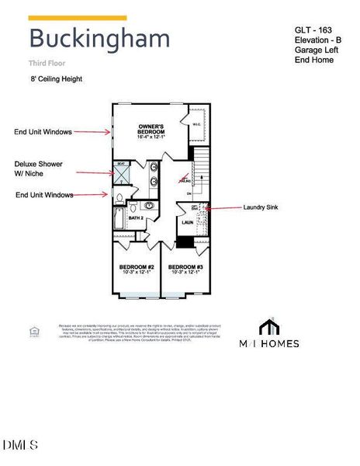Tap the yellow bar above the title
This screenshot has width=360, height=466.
point(77,17)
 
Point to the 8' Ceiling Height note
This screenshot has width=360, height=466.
point(56,78)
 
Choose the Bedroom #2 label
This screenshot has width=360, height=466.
point(136,270)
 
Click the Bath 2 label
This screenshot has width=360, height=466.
point(136,218)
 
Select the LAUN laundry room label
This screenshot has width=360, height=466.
point(187,222)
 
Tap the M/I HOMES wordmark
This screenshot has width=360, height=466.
point(268,343)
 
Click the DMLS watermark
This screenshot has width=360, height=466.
point(19,445)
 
